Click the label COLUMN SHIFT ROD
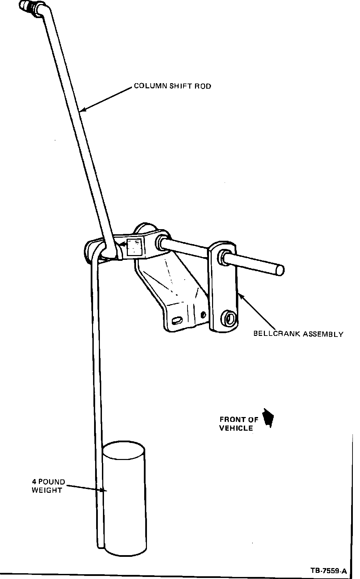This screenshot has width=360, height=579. tap(172, 86)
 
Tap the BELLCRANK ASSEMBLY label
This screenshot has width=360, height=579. tap(298, 334)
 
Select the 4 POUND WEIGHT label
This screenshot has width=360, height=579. tap(48, 486)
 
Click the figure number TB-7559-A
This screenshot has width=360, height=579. tap(329, 570)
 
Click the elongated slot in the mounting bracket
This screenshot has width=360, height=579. tap(177, 320)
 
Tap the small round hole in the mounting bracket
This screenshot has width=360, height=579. tap(204, 314)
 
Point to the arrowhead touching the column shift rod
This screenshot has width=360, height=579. tap(82, 110)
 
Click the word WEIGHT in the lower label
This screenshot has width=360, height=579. tap(47, 490)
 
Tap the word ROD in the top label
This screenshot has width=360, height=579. tap(203, 86)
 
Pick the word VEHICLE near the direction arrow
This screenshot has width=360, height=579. tap(236, 428)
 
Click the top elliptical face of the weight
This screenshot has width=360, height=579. tap(124, 450)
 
